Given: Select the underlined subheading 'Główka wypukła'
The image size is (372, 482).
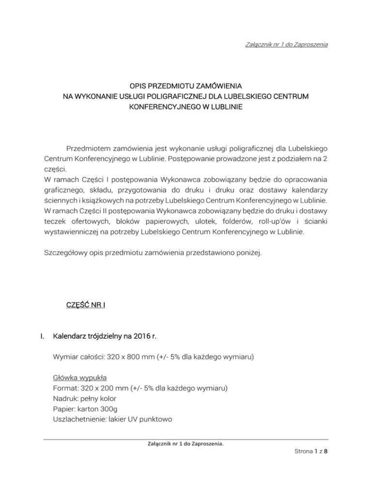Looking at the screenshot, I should click(x=79, y=377).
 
